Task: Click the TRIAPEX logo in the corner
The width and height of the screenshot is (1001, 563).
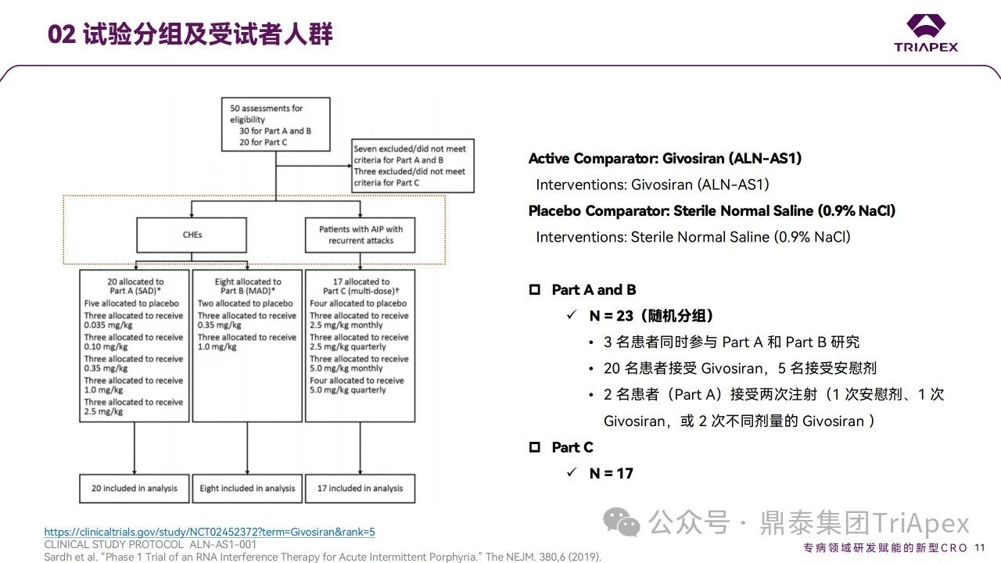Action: coord(926,33)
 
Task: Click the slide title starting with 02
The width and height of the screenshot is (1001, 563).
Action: coord(190,34)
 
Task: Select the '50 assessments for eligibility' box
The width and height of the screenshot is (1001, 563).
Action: coord(279,125)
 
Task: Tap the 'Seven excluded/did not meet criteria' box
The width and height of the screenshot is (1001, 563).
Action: coord(412,165)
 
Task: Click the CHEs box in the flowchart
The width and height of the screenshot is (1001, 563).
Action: coord(192,235)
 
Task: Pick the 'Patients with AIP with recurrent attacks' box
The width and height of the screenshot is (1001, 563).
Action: coord(361,235)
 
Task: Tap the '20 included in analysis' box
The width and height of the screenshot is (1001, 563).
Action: coord(135,488)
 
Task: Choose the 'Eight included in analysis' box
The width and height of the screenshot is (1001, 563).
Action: coord(247,488)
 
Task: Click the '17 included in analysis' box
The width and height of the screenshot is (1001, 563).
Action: coord(360,488)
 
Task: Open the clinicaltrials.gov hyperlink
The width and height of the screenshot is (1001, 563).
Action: coord(210,532)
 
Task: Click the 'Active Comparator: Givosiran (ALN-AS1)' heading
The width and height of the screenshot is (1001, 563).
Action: coord(665,159)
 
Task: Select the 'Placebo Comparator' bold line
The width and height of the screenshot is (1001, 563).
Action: coord(712,210)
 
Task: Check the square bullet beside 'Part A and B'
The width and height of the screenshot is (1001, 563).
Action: coord(535,289)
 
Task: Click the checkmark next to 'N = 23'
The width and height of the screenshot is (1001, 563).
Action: coord(572,316)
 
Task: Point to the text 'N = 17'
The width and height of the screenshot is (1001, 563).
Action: coord(611,473)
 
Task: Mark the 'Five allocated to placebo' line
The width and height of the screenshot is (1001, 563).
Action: coord(131,303)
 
